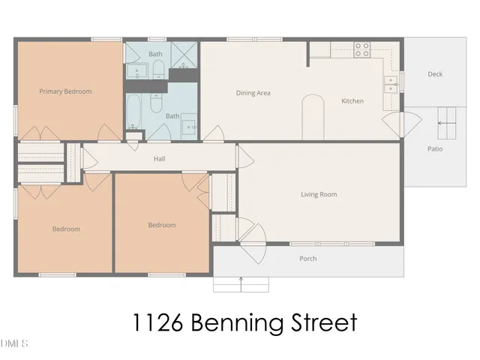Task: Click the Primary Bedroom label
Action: (65, 91)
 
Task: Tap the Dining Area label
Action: (253, 93)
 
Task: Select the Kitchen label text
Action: (352, 100)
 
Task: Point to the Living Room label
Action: (319, 194)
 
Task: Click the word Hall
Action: (159, 159)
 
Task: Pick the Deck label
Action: (435, 74)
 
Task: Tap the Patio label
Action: (435, 148)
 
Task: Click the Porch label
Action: (307, 259)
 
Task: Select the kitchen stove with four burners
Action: (362, 49)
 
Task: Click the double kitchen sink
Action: (391, 84)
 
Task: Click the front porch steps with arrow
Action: (241, 284)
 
